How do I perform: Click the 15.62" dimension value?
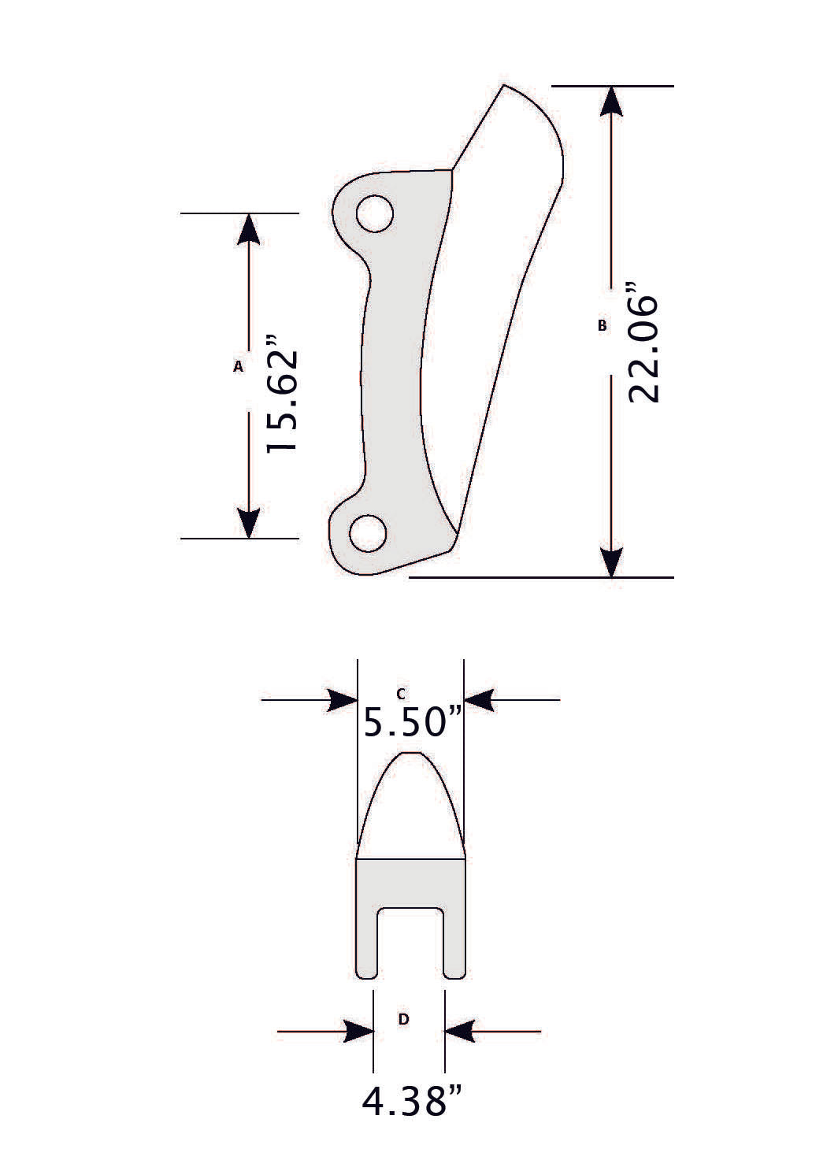pos(282,395)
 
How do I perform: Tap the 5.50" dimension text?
pos(411,721)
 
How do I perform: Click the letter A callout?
pos(238,366)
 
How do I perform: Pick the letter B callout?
pos(603,325)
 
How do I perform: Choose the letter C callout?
pos(401,694)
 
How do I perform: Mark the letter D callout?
pos(403,1019)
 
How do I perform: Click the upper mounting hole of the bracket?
pos(375,213)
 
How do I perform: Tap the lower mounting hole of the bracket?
pos(368,534)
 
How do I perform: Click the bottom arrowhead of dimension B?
pos(612,561)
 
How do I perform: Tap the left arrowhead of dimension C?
pos(343,699)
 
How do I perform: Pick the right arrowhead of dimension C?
pos(479,699)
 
